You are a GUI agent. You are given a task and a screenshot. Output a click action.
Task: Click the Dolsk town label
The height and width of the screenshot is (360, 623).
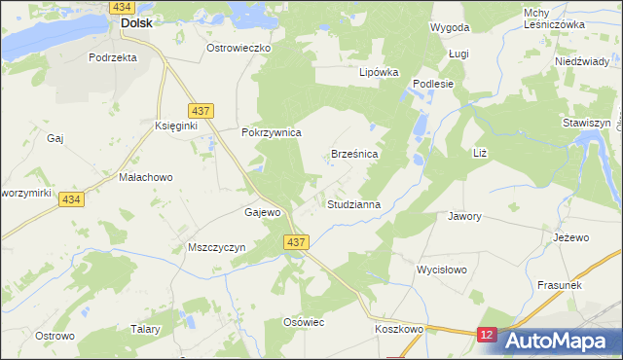click(135, 23)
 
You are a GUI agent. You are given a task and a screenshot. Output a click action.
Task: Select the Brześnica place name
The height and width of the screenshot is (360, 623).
click(354, 155)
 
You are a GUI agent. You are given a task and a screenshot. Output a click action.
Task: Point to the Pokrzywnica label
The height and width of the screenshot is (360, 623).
click(273, 132)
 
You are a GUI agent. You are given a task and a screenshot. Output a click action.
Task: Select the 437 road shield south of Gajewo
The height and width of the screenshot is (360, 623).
click(298, 242)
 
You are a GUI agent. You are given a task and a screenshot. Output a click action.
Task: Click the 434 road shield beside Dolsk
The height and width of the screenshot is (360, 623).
click(122, 6)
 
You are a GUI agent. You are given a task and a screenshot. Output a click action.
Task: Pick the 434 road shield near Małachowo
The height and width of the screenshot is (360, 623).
click(69, 198)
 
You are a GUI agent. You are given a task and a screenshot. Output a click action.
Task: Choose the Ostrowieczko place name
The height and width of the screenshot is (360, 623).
click(238, 47)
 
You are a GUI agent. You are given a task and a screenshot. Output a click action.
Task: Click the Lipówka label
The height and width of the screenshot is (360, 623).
click(380, 72)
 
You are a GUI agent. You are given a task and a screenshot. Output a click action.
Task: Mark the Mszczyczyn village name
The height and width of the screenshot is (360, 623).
click(215, 247)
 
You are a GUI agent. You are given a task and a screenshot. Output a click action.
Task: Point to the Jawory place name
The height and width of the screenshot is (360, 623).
click(464, 216)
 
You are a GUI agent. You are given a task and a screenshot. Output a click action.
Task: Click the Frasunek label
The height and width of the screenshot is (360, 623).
click(559, 284)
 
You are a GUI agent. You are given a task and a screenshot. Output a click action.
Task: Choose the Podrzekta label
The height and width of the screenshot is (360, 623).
click(112, 57)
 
